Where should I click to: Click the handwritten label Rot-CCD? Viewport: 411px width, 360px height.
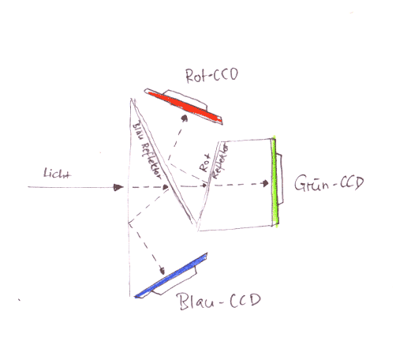click(211, 76)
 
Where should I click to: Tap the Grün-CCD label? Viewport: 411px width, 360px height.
click(329, 182)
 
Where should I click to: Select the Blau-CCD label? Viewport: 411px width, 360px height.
click(219, 301)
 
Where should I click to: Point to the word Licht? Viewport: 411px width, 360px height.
click(57, 173)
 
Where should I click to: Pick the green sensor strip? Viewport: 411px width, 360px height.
click(275, 181)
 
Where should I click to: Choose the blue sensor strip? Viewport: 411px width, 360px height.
click(171, 276)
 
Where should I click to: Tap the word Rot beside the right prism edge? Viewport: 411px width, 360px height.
click(204, 163)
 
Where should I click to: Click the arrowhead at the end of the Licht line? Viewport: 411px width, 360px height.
click(118, 187)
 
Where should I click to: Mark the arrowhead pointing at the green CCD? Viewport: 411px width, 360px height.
click(266, 183)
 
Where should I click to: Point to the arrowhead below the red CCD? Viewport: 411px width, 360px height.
click(185, 118)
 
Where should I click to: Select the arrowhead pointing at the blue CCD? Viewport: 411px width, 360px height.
click(163, 271)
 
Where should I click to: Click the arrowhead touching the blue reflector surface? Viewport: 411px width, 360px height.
click(166, 187)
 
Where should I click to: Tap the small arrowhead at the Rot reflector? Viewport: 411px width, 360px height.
click(205, 186)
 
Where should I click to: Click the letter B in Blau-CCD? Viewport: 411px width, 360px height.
click(183, 302)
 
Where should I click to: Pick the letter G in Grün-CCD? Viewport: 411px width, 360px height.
click(300, 182)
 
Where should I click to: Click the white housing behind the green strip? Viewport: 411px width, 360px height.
click(280, 179)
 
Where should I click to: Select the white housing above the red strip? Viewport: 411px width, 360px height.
click(184, 99)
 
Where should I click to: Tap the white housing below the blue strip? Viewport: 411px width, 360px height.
click(175, 282)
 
